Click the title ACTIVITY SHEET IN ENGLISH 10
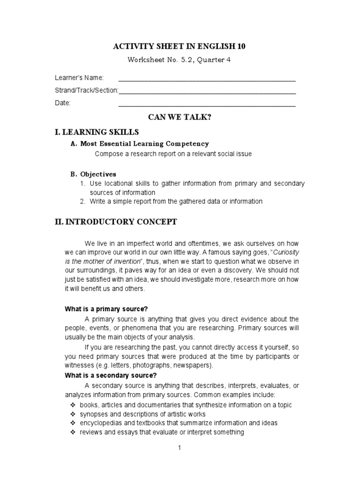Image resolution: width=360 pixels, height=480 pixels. pos(180,46)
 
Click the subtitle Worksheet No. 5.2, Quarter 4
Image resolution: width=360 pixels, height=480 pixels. pos(180,60)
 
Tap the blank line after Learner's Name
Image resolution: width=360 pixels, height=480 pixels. pos(207,79)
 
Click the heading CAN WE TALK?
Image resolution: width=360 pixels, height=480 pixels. pos(180,117)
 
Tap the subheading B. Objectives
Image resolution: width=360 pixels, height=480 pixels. pos(93,174)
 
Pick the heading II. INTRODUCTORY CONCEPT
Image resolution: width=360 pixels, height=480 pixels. pos(116,222)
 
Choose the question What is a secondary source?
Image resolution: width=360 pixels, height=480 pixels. pos(110,375)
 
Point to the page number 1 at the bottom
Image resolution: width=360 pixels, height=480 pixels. pos(179,448)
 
